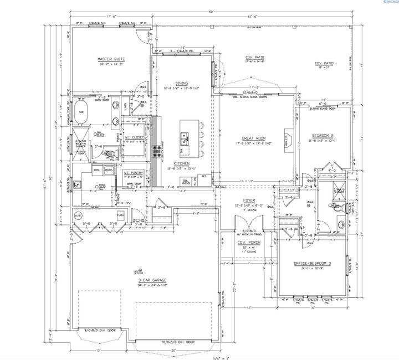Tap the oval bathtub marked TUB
[x=81, y=111]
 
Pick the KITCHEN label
[x=182, y=164]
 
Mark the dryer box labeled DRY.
[x=97, y=169]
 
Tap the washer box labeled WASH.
[x=109, y=169]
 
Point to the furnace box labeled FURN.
[x=120, y=215]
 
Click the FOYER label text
[x=248, y=200]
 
